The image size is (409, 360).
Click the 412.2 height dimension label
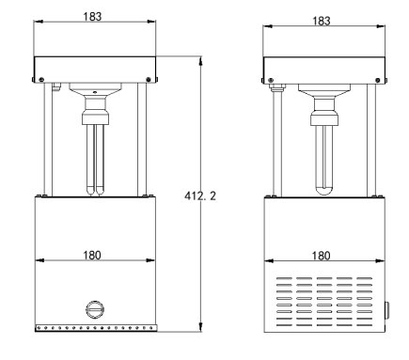click(200, 196)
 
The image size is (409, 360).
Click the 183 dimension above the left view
click(92, 17)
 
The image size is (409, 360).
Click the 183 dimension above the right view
click(322, 21)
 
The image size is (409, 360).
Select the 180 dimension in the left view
click(92, 256)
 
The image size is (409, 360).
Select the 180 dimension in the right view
click(321, 256)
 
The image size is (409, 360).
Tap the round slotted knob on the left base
click(95, 309)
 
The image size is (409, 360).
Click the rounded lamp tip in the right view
click(324, 190)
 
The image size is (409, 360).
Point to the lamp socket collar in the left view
click(95, 118)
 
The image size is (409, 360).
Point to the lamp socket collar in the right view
click(324, 118)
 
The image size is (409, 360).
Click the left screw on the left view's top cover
click(41, 79)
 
